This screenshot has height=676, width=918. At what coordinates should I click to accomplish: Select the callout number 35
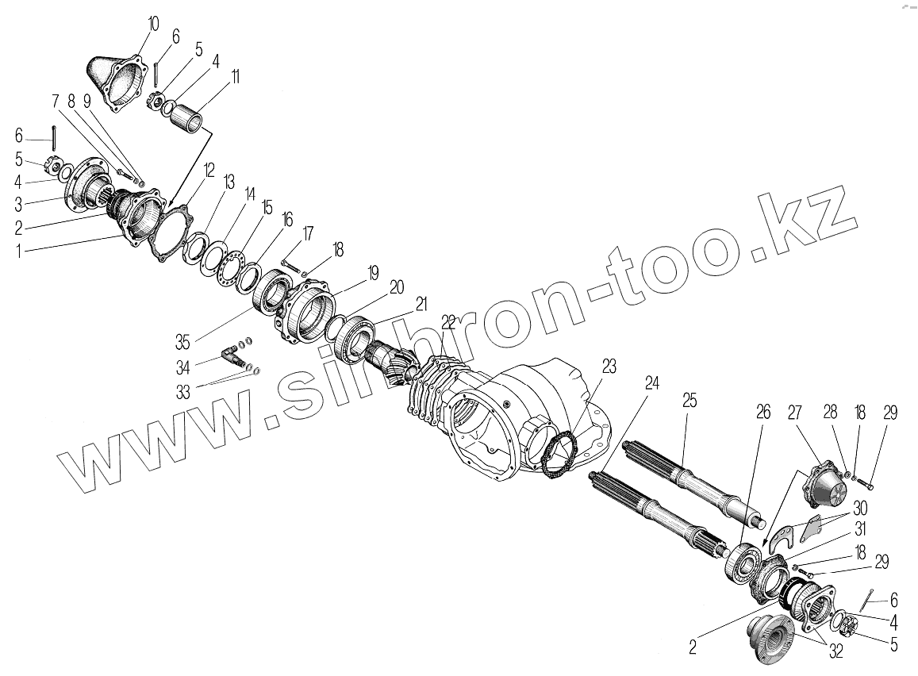click(183, 343)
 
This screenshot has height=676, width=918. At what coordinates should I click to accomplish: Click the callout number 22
click(449, 321)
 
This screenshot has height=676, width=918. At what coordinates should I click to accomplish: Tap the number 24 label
click(651, 382)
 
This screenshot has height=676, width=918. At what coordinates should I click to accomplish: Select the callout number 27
click(794, 412)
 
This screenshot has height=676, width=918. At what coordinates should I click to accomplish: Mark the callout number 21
click(421, 303)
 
